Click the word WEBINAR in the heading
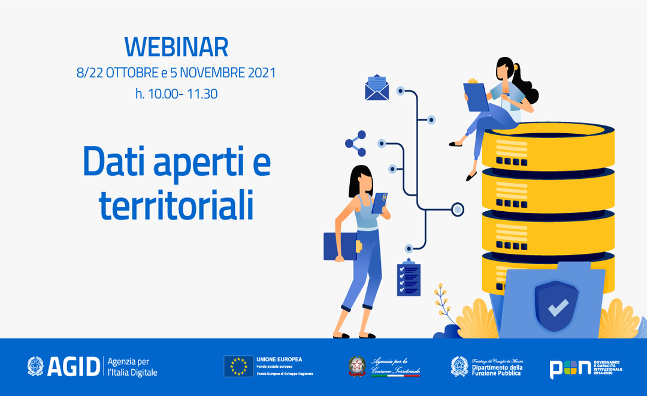pos(176,47)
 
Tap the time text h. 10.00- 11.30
pos(176,94)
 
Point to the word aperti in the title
pos(197,161)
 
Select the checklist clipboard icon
pos(409,278)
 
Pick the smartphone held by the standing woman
pos(379,203)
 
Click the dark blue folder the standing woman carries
pos(340,246)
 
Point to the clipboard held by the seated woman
pos(476,96)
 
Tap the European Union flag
pos(238,366)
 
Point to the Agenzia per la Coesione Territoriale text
pos(395,367)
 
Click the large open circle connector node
pos(458,209)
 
